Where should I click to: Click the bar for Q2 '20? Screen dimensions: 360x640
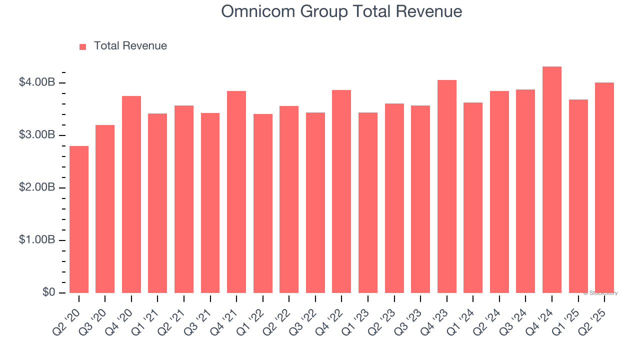(x=79, y=219)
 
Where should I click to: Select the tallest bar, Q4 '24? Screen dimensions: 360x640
(x=552, y=180)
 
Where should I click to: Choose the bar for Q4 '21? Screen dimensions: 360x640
(x=236, y=192)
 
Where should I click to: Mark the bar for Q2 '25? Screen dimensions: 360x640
(x=604, y=188)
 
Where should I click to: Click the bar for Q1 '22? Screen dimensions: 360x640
(x=263, y=203)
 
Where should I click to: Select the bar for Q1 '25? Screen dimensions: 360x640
(x=578, y=196)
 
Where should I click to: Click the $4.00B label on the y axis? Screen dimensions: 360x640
(x=36, y=82)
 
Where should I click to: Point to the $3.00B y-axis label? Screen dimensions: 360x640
(x=36, y=135)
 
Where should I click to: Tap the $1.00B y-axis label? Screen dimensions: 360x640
(x=36, y=240)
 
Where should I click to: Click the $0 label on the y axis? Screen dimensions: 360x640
(x=48, y=292)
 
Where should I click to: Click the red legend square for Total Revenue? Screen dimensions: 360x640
(x=83, y=46)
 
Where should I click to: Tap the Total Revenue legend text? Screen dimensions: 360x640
(x=130, y=46)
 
